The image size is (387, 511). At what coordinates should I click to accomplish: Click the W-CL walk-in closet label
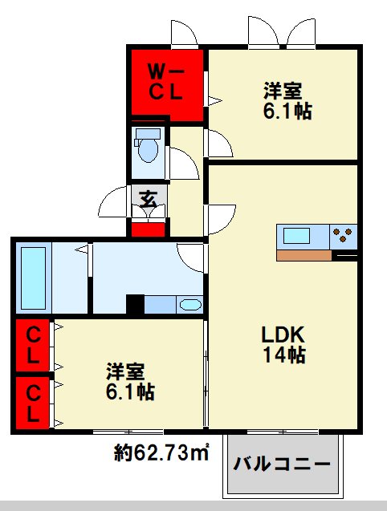pyautogui.click(x=165, y=83)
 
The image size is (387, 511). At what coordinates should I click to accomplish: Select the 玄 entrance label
pyautogui.click(x=149, y=198)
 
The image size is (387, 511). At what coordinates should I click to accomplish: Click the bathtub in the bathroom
pyautogui.click(x=33, y=278)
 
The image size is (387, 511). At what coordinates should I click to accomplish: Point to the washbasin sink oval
pyautogui.click(x=190, y=305)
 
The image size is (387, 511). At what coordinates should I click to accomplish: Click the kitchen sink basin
pyautogui.click(x=296, y=235)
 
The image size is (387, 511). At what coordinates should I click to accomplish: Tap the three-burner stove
pyautogui.click(x=344, y=235)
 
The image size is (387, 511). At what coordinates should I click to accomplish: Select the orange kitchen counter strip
pyautogui.click(x=304, y=255)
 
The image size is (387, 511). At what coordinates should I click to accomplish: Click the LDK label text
pyautogui.click(x=283, y=334)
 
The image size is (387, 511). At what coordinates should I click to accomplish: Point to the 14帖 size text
pyautogui.click(x=284, y=355)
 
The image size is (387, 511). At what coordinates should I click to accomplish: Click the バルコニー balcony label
pyautogui.click(x=281, y=463)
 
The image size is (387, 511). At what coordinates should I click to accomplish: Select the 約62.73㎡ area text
pyautogui.click(x=161, y=452)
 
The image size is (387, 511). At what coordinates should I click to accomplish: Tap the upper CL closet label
pyautogui.click(x=33, y=346)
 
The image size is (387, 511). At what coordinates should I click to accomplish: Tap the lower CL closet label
pyautogui.click(x=33, y=404)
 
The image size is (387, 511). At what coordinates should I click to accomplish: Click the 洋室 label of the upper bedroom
pyautogui.click(x=283, y=91)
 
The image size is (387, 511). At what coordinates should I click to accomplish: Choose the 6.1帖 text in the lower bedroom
pyautogui.click(x=130, y=391)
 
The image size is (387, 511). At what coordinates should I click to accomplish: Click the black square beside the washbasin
pyautogui.click(x=135, y=304)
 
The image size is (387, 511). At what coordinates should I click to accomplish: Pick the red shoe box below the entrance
pyautogui.click(x=148, y=229)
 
